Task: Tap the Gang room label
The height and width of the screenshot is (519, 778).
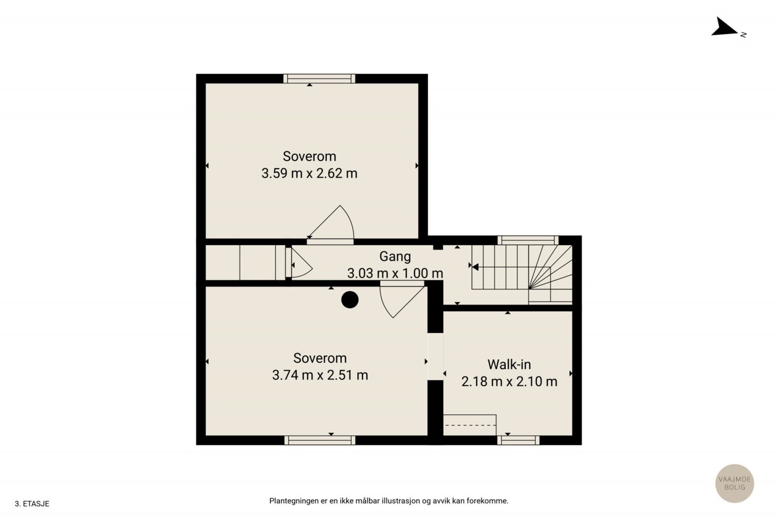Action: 395,257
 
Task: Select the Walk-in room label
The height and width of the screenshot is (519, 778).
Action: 509,364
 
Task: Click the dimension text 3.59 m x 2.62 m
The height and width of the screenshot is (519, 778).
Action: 309,173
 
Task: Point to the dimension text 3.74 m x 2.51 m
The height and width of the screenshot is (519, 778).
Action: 320,375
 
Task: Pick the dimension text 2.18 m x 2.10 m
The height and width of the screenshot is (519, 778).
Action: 509,381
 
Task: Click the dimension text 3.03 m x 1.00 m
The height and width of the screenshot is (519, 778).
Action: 395,273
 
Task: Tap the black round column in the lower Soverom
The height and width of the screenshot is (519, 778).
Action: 350,300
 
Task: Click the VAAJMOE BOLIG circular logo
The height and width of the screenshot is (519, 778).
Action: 735,483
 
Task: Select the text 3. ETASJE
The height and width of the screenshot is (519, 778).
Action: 32,504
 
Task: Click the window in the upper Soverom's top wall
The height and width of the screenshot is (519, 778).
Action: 319,78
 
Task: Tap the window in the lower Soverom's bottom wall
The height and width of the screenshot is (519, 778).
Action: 320,440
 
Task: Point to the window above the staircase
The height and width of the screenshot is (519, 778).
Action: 528,240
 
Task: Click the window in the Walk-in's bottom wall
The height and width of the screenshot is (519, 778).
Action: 518,440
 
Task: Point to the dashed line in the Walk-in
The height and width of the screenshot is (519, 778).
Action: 470,425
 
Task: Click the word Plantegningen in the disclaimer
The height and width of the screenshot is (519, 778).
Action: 294,501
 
